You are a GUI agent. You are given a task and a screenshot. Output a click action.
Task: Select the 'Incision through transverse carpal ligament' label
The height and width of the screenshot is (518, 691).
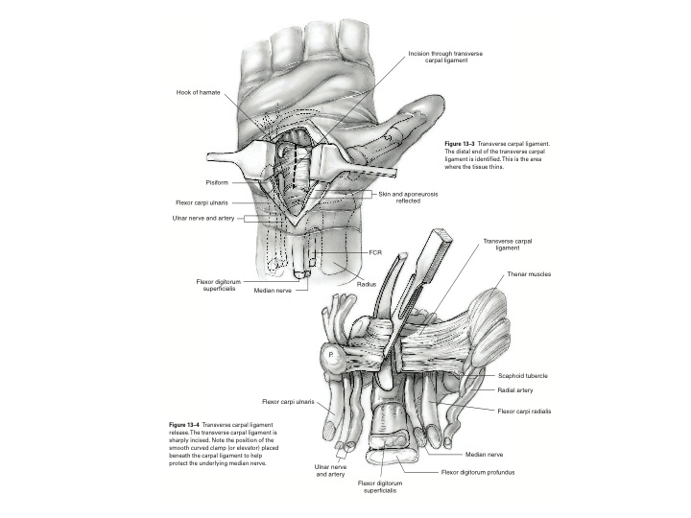(444, 57)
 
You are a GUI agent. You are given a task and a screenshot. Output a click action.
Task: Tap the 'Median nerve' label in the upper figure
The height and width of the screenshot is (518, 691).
(273, 289)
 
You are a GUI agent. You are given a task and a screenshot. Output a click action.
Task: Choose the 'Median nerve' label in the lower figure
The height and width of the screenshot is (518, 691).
(486, 454)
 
